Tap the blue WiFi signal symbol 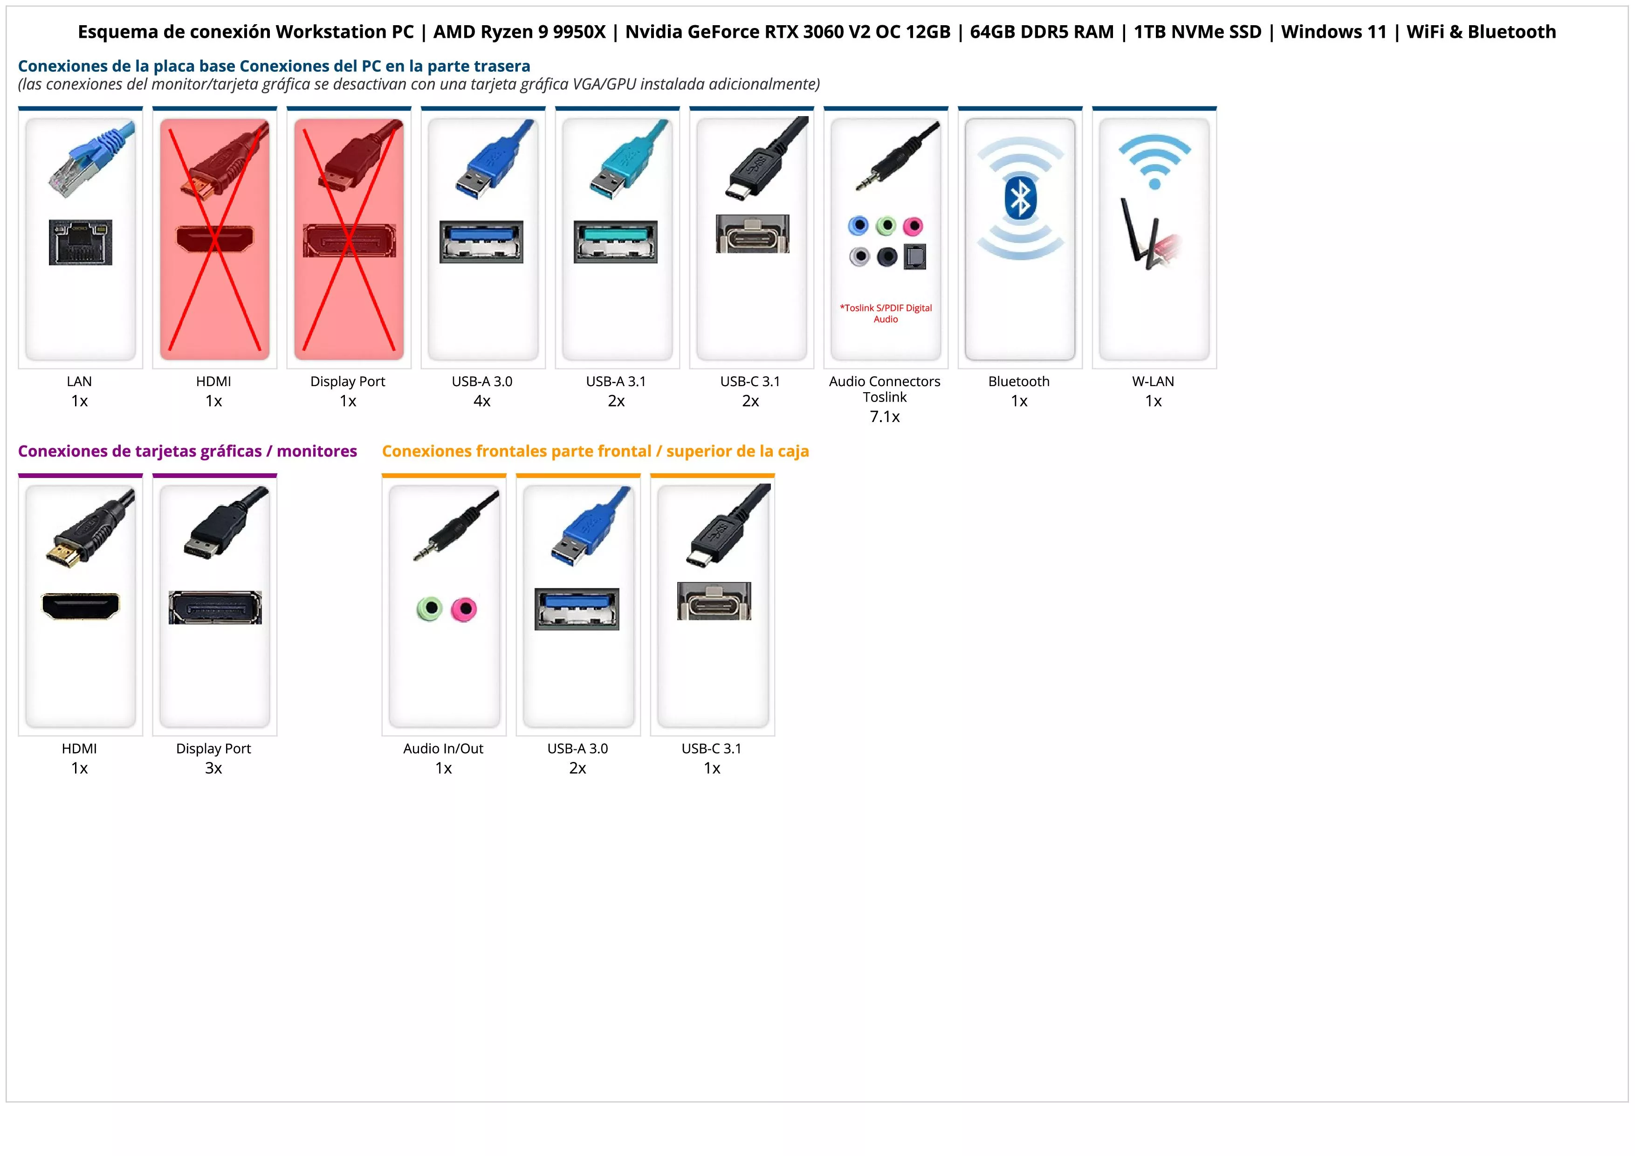pos(1154,161)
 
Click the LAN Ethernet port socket pos(81,242)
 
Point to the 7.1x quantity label pos(885,417)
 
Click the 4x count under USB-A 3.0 pos(482,401)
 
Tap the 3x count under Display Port pos(213,768)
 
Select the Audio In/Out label pos(443,748)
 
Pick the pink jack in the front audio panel pos(464,609)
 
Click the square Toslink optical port pos(914,257)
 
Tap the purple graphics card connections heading pos(187,451)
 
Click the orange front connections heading pos(595,451)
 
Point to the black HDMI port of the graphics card pos(81,606)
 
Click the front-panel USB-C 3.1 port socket pos(714,601)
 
